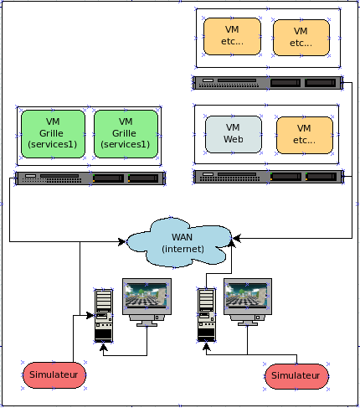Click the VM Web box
pos(234,134)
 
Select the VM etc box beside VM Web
pos(305,135)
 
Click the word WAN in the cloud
pos(182,237)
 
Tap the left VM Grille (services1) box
pos(53,134)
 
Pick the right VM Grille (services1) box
pos(126,134)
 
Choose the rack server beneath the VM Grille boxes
pos(90,178)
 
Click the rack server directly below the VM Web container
pos(269,177)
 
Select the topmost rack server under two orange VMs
pos(268,83)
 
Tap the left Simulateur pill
pos(54,375)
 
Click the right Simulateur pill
pos(296,376)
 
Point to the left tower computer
pos(104,316)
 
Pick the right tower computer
pos(207,315)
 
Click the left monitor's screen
pos(146,296)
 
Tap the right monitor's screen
pos(247,296)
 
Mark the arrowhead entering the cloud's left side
pos(122,241)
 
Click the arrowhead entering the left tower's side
pos(90,316)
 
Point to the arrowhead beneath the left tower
pos(104,347)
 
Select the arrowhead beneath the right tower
pos(207,347)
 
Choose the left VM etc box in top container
pos(232,36)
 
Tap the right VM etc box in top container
pos(301,38)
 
